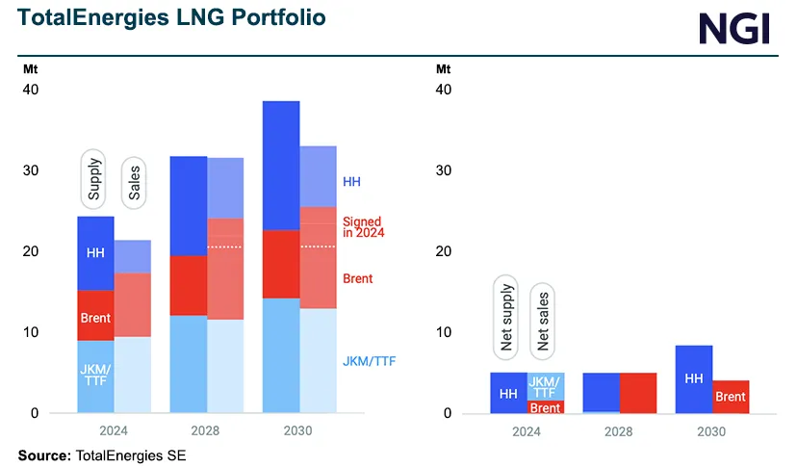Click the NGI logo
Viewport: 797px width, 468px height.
click(734, 27)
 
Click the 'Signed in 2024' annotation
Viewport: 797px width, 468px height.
click(361, 227)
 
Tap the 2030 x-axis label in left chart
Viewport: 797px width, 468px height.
click(298, 431)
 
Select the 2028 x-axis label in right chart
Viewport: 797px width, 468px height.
click(619, 431)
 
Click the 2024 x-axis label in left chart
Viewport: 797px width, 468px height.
click(114, 431)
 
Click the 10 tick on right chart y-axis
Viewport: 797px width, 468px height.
click(444, 332)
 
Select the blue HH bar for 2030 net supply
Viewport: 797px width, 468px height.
click(693, 379)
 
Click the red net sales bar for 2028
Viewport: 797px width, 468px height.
click(637, 393)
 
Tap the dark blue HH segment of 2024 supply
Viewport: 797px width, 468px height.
click(95, 253)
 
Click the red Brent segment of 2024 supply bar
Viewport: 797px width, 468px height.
click(95, 316)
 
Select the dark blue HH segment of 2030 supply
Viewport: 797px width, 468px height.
click(280, 165)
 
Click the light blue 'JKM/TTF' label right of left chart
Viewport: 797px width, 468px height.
click(369, 361)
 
